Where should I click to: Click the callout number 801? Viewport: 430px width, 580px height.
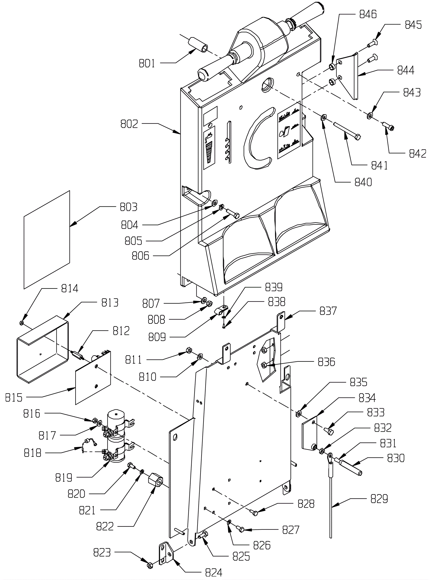click(147, 64)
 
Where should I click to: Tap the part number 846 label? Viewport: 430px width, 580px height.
click(368, 14)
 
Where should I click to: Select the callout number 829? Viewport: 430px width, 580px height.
click(379, 499)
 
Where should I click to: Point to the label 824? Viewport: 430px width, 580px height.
click(214, 572)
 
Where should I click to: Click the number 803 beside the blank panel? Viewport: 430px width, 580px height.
click(128, 207)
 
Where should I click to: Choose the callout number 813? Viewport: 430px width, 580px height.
click(110, 303)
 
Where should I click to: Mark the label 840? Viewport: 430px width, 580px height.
click(363, 182)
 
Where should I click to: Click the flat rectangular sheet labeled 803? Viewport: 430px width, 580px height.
click(47, 240)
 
